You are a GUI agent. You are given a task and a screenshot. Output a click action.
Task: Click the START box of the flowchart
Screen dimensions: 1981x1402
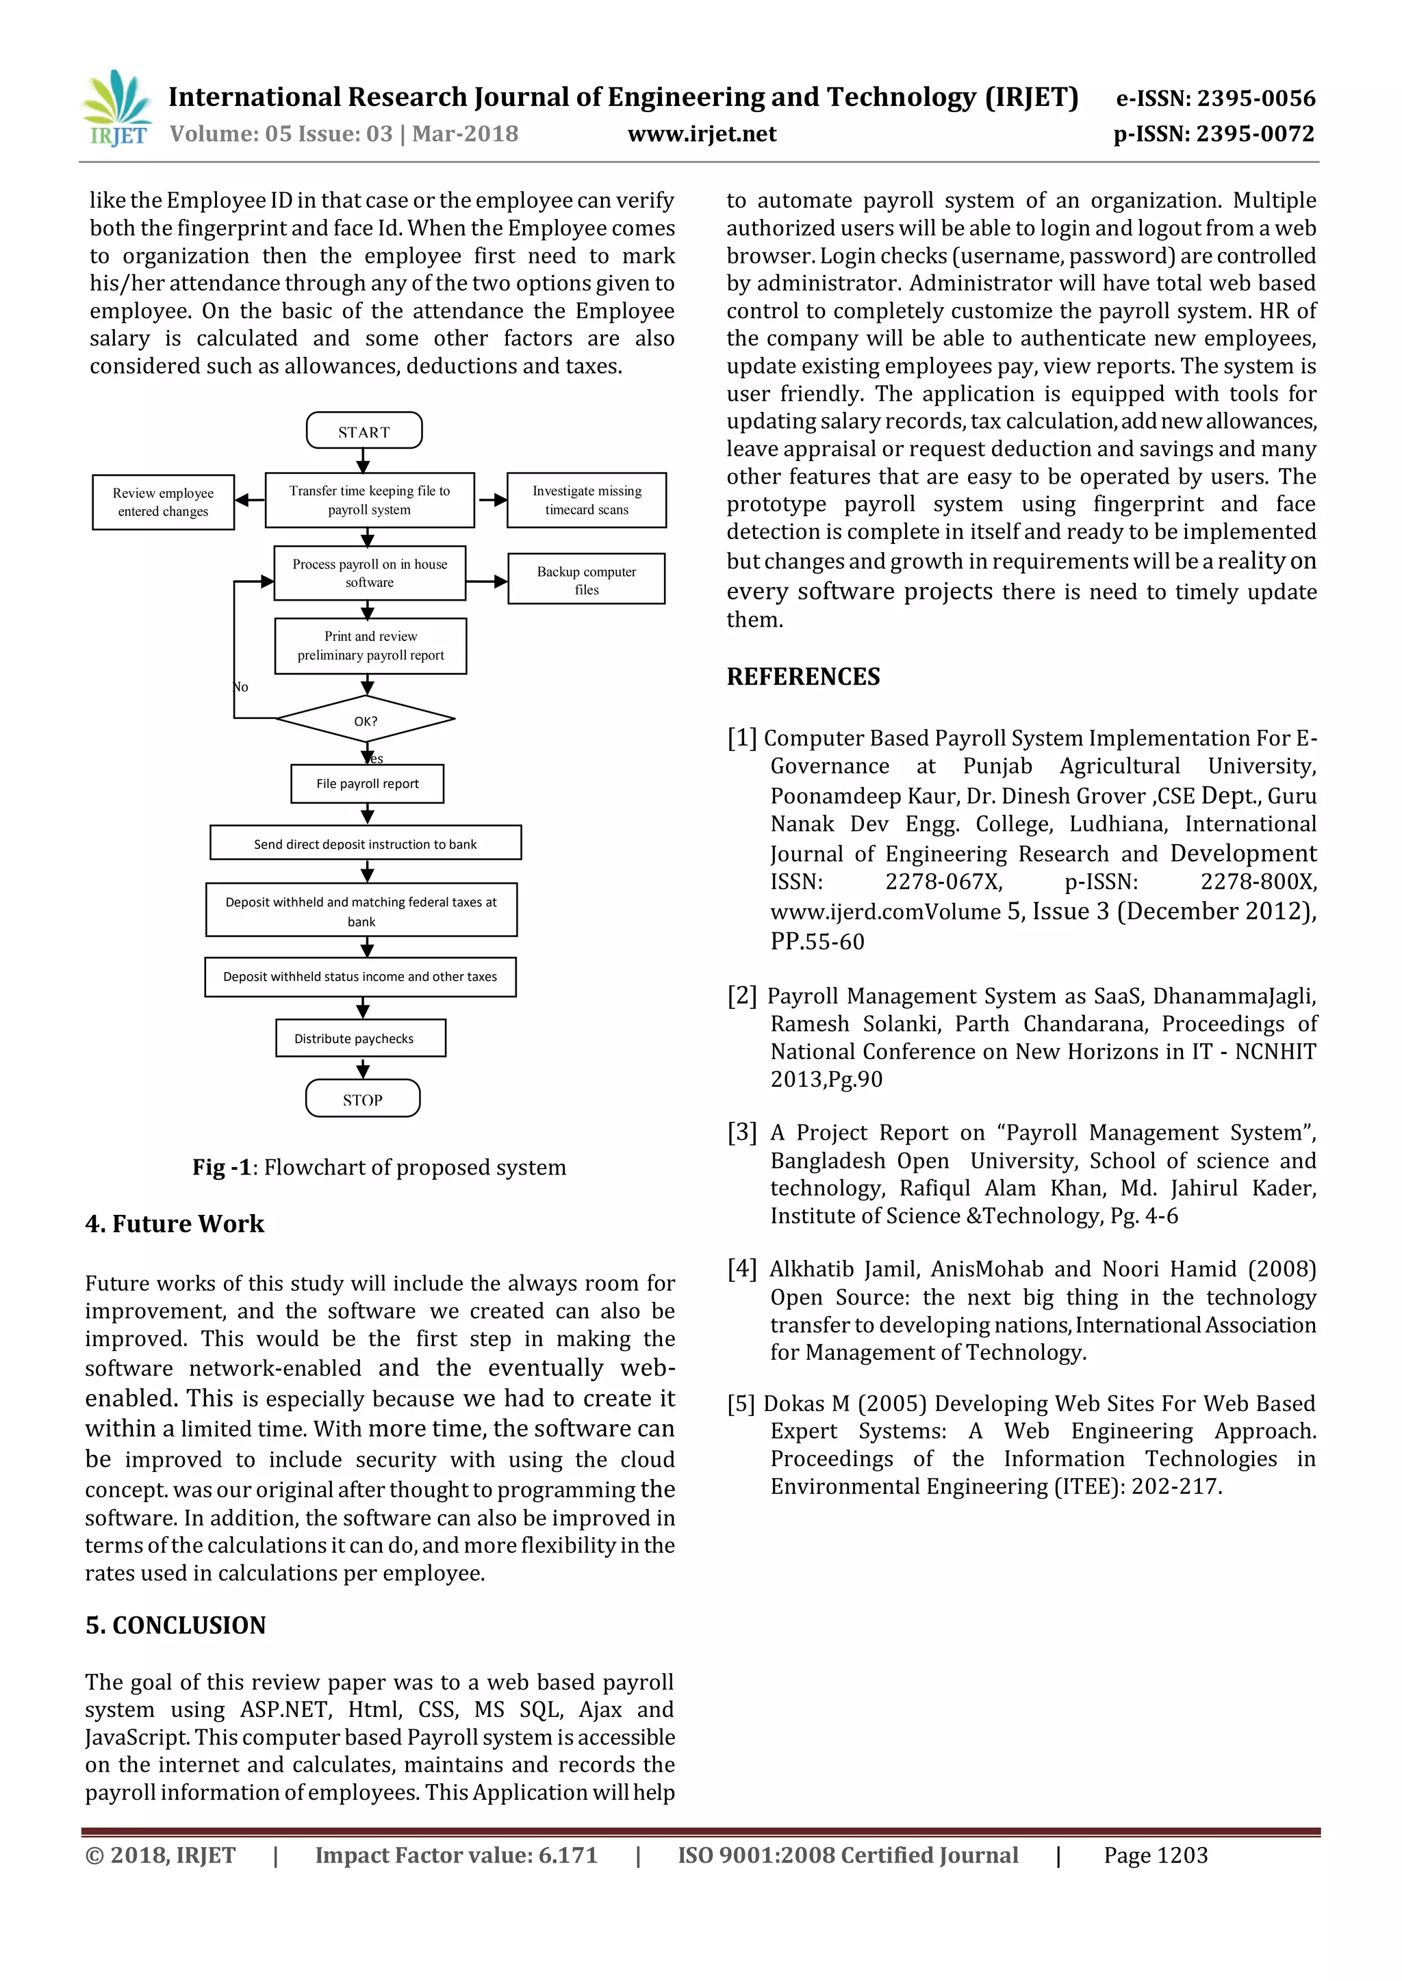[x=364, y=430]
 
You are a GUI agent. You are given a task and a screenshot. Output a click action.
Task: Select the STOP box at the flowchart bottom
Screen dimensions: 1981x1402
[x=363, y=1099]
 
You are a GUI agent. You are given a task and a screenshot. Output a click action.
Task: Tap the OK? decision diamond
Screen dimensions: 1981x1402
[x=365, y=720]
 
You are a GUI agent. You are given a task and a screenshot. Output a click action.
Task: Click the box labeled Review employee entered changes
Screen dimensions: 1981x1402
[x=163, y=502]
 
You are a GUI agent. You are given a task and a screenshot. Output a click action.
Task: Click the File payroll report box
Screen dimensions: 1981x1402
[x=367, y=783]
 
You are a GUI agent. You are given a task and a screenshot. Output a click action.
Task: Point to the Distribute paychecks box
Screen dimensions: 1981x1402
[x=360, y=1038]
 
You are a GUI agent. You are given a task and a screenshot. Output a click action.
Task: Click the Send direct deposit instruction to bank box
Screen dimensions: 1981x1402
[x=365, y=843]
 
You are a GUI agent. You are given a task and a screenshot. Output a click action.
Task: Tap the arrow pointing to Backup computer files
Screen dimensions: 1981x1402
[x=488, y=581]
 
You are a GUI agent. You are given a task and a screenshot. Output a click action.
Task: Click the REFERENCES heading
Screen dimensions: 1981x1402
[x=803, y=677]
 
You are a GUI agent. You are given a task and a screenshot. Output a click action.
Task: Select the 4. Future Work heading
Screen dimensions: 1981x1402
[x=175, y=1224]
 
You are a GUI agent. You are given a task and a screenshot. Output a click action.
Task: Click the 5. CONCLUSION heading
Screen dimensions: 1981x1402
[x=175, y=1625]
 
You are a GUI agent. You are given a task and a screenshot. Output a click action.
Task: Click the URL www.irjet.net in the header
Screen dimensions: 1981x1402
[x=701, y=134]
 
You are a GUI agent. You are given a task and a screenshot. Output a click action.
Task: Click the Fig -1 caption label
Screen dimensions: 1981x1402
[x=221, y=1168]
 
